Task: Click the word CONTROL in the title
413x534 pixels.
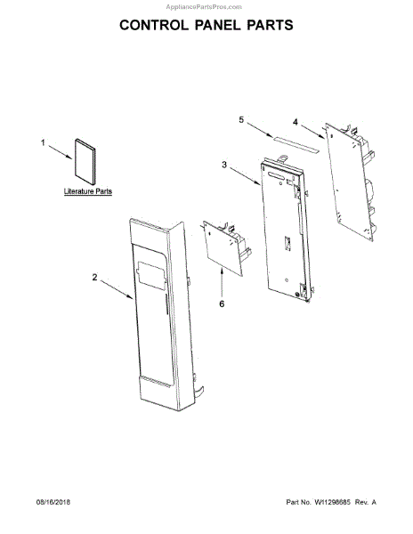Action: (x=154, y=25)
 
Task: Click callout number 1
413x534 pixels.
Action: (x=43, y=142)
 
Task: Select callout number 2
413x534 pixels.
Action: (x=94, y=277)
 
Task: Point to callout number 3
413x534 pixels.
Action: (x=224, y=165)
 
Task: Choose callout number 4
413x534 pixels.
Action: (x=296, y=122)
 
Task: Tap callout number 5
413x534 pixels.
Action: (x=241, y=120)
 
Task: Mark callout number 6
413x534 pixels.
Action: (x=222, y=303)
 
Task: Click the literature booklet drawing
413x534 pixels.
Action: (x=85, y=161)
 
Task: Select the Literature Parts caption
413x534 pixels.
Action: (x=88, y=191)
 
